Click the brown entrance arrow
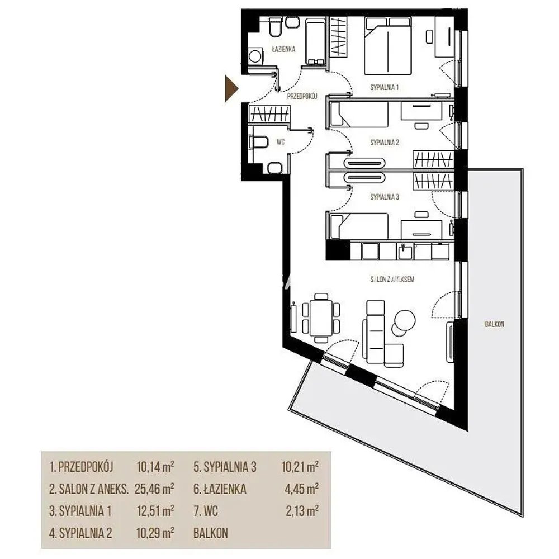click(231, 88)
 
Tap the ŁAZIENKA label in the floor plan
click(283, 49)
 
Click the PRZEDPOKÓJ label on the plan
click(302, 96)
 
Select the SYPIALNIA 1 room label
click(385, 87)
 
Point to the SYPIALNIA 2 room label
click(385, 143)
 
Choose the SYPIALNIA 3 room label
click(385, 197)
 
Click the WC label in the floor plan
click(281, 142)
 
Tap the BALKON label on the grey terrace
click(495, 324)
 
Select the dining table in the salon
click(321, 318)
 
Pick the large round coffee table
click(404, 319)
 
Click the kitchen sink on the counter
click(405, 252)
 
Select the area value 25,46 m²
click(154, 489)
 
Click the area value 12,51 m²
click(155, 511)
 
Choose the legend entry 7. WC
click(206, 511)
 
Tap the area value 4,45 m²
click(302, 489)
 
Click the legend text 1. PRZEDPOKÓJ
click(81, 467)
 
